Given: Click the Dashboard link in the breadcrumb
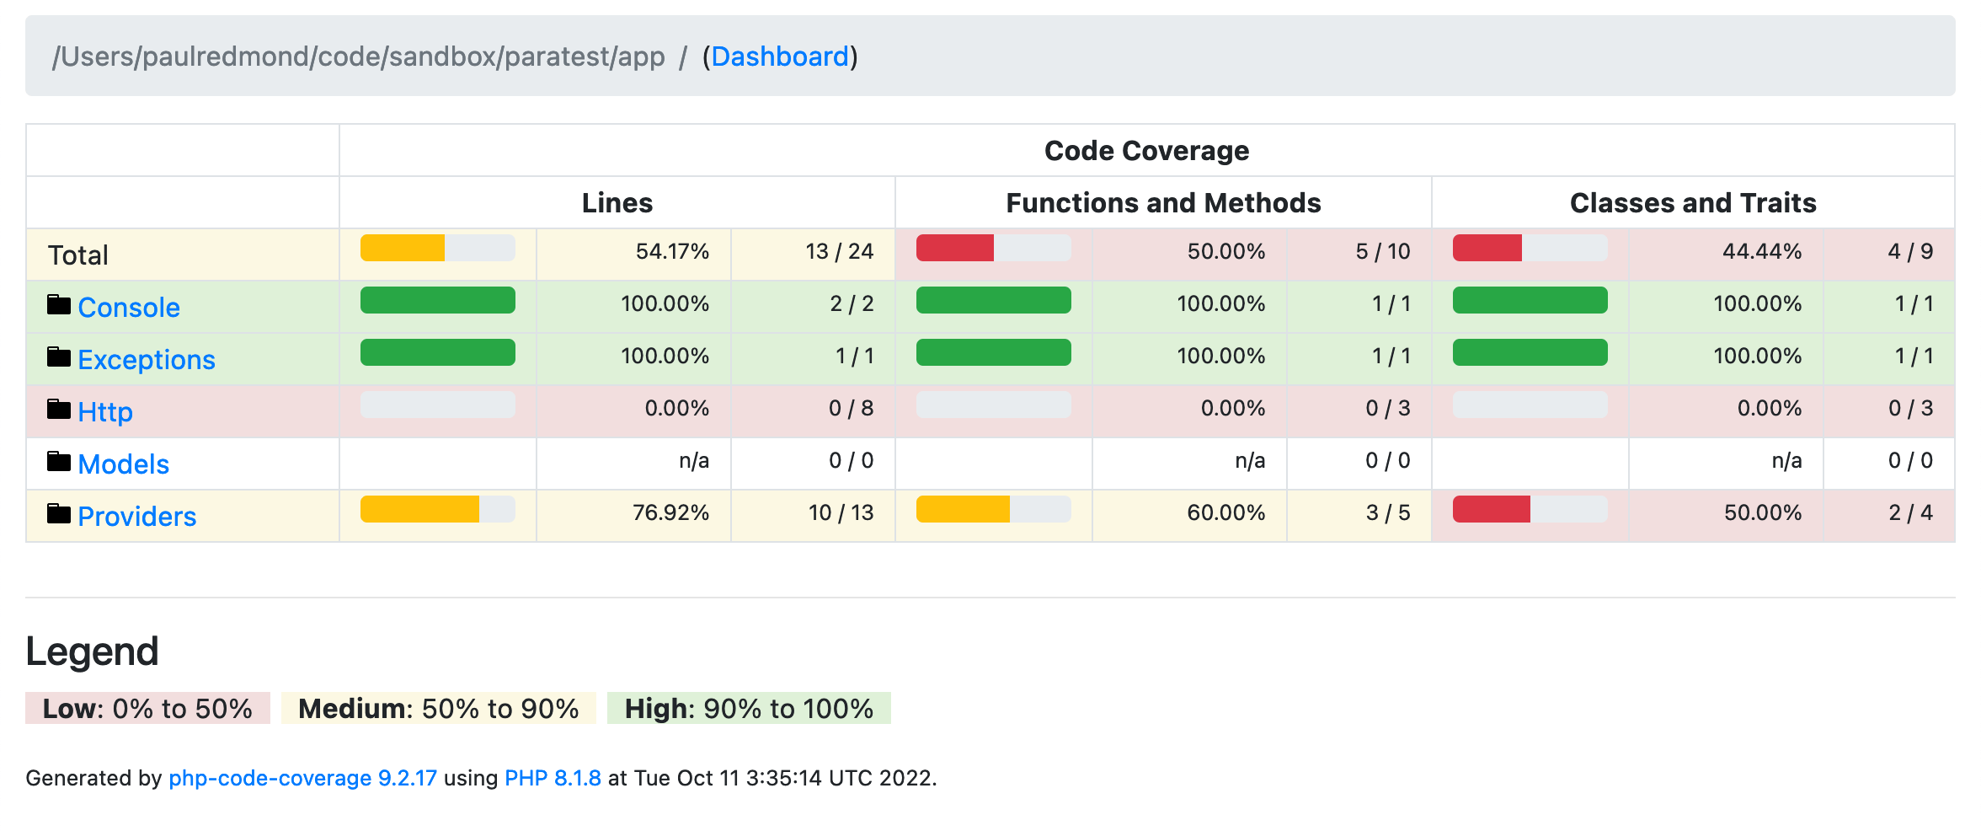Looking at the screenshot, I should coord(780,56).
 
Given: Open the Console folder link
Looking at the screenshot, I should coord(128,308).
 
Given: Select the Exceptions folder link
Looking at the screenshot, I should coord(146,360).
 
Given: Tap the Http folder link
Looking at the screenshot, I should coord(104,412).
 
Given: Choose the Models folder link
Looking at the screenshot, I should coord(123,464).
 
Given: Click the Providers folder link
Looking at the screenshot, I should coord(136,517).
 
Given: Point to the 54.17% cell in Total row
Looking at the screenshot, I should coord(671,252).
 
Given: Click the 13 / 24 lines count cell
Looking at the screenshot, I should coord(839,252).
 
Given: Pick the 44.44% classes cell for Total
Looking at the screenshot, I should coord(1761,252).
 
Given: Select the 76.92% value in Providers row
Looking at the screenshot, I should coord(670,513).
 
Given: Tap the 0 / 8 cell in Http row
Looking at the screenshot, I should coord(851,409).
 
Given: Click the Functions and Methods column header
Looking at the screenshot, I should coord(1163,203).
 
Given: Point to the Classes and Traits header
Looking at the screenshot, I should coord(1693,203).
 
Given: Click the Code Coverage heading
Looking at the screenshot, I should coord(1146,151).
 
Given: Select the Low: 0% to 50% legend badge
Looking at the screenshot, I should coord(147,709).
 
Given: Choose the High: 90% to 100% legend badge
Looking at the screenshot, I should coord(749,709).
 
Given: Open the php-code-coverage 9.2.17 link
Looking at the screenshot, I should coord(302,778).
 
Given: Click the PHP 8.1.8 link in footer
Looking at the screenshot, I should coord(553,778).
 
